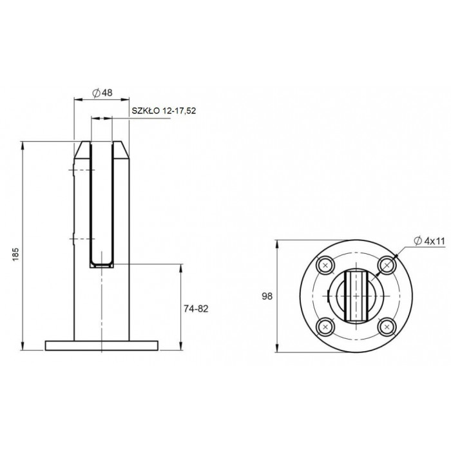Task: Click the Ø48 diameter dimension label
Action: click(102, 93)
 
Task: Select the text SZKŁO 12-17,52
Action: click(164, 111)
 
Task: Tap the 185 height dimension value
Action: click(15, 254)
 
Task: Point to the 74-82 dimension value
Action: click(196, 309)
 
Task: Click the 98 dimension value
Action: click(267, 296)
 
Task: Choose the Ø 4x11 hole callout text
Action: click(429, 241)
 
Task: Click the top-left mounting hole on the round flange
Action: click(325, 265)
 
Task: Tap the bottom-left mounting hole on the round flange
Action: click(325, 327)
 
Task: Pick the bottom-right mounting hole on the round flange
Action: click(387, 327)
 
